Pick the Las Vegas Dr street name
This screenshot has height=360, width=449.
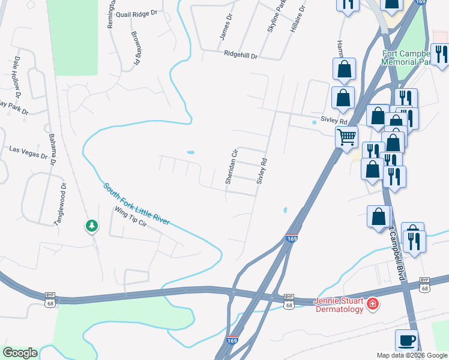(28, 152)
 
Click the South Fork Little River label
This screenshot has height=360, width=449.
(136, 205)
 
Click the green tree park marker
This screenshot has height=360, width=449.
(91, 226)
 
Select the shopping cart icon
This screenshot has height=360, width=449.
(347, 137)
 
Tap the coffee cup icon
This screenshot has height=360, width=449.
(407, 340)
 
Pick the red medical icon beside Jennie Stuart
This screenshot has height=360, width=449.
(373, 305)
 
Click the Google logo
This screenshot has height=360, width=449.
(20, 353)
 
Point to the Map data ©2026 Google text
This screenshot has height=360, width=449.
(412, 355)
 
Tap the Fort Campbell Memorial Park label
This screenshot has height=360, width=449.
(414, 57)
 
